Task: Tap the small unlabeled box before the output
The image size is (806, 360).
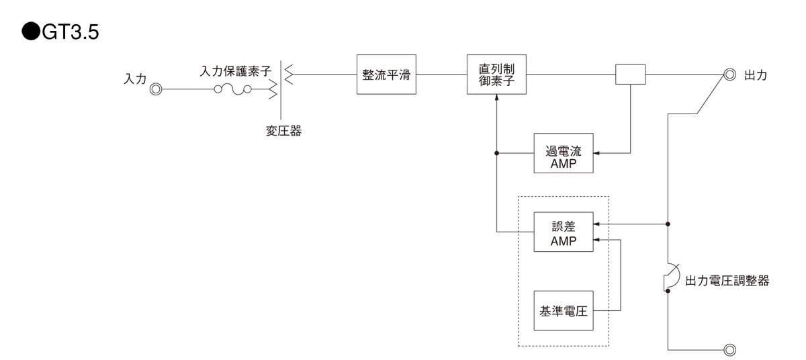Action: [630, 75]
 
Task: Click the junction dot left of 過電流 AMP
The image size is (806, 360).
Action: [496, 154]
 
